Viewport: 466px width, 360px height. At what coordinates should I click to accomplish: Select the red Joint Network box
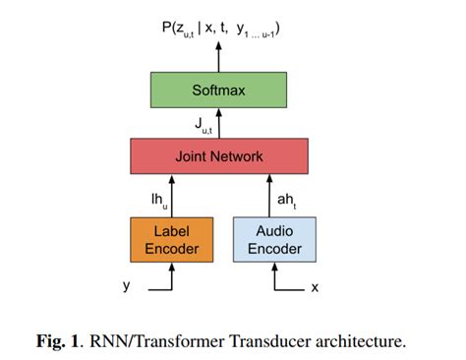click(x=219, y=155)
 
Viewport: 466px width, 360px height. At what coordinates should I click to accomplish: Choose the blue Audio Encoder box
click(x=274, y=239)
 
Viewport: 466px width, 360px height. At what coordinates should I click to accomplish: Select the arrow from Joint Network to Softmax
click(x=219, y=124)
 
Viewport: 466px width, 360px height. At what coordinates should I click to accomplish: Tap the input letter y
click(x=126, y=286)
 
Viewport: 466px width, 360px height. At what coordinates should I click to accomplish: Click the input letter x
click(x=315, y=287)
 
